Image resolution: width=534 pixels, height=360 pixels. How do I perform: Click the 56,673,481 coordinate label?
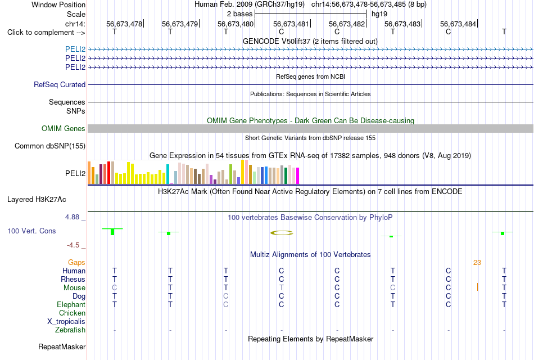291,24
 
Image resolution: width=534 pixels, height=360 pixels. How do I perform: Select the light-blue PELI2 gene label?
75,49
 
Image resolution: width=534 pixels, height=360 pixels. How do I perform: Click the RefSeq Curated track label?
60,84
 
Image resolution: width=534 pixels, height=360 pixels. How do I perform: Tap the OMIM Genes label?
64,128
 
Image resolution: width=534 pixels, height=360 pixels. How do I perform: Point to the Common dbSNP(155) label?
50,146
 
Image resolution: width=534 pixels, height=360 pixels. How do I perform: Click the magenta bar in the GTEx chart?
298,176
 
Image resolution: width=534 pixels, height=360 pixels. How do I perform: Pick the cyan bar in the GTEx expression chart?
168,174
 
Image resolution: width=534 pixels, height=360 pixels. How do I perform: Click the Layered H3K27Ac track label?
37,200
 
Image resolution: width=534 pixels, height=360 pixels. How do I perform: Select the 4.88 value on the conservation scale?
72,217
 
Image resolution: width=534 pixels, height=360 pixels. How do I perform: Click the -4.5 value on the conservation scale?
73,245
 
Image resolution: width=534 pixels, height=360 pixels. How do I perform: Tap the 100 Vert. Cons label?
31,231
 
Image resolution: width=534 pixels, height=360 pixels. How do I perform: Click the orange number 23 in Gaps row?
477,263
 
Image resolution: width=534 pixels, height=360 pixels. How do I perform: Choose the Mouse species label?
74,288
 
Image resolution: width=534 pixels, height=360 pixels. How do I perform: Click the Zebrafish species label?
70,330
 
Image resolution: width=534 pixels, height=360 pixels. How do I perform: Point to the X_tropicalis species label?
66,322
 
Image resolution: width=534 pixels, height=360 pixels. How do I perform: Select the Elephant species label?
71,305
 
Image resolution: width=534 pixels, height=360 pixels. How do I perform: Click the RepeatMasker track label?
62,346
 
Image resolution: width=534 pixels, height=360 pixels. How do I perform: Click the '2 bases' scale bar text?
240,14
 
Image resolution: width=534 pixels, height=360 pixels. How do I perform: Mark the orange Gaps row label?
76,263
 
